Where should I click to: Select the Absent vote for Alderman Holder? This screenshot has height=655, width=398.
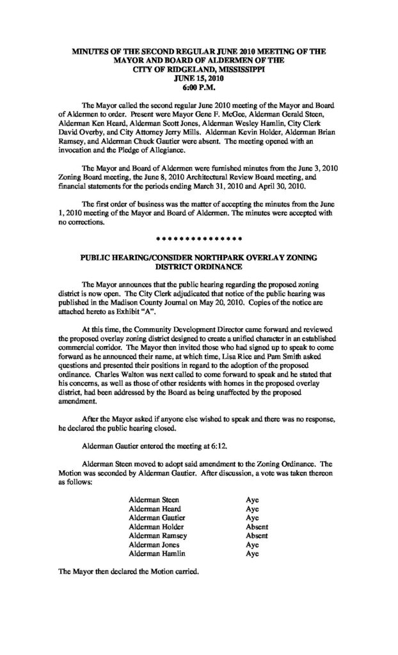tap(256, 526)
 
